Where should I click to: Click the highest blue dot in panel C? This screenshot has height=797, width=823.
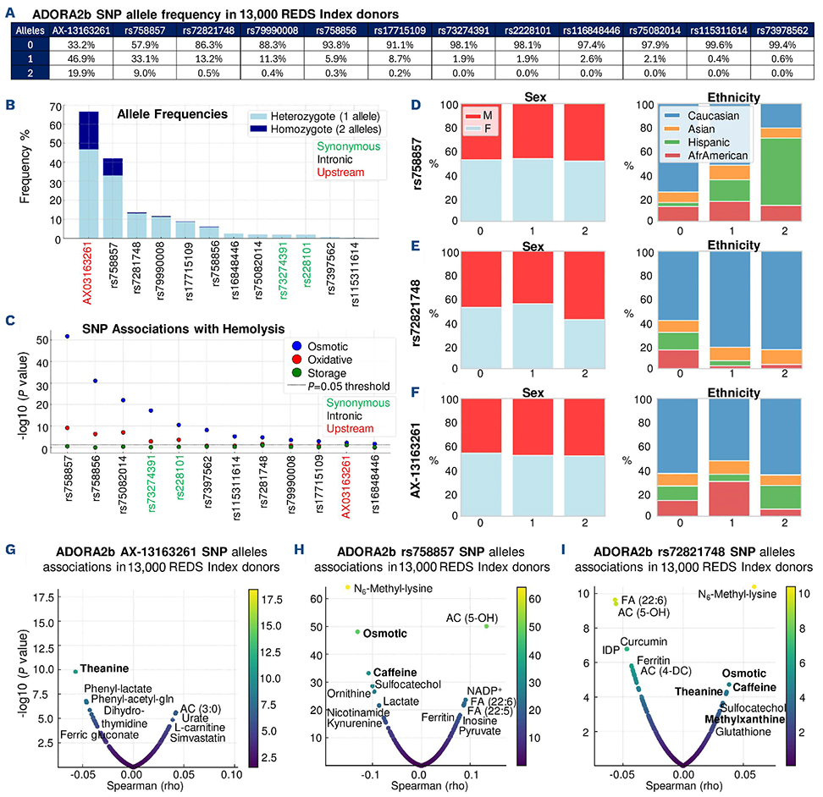click(x=67, y=336)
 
